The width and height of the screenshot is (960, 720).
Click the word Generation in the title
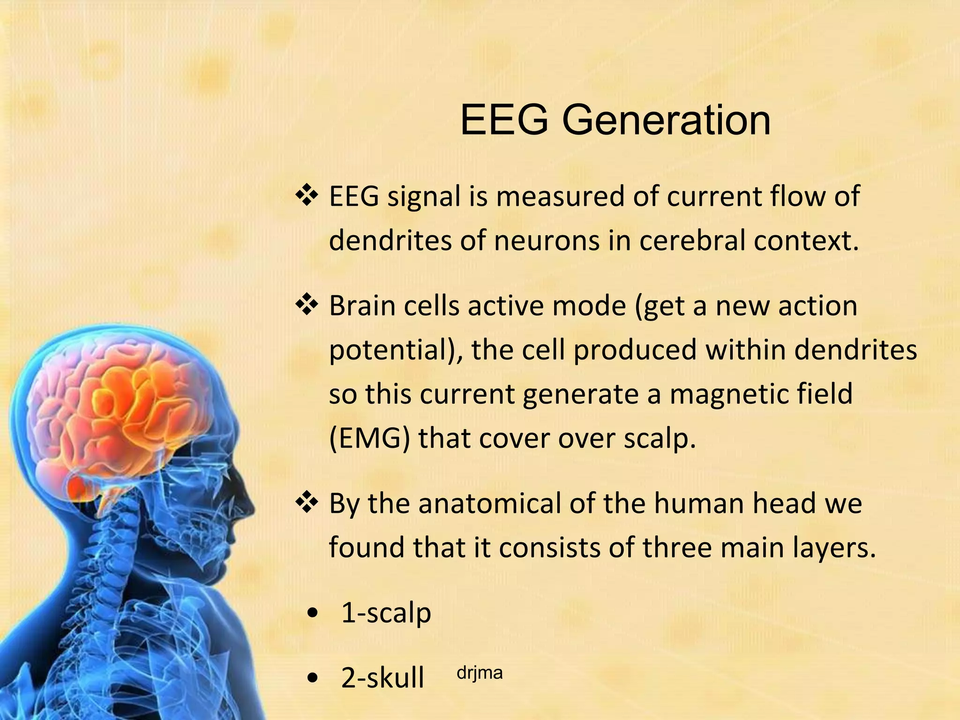[x=666, y=121]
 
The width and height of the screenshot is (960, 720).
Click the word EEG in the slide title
[x=504, y=120]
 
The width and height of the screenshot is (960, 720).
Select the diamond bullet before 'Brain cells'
[x=307, y=305]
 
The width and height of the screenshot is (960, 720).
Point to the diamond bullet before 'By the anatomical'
[x=307, y=503]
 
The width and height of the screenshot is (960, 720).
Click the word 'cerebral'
[x=691, y=240]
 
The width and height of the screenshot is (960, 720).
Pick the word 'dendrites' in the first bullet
[x=390, y=240]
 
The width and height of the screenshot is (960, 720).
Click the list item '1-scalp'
[x=386, y=613]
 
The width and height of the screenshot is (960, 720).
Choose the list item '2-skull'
[x=382, y=677]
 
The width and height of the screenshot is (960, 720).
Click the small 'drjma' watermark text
[x=479, y=673]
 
